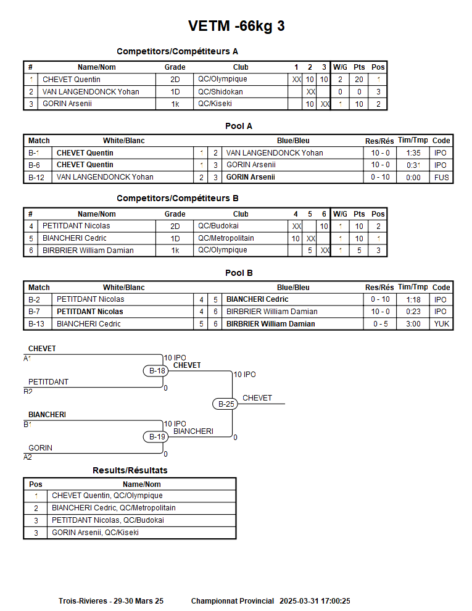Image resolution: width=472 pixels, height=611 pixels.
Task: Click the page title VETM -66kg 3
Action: click(x=236, y=27)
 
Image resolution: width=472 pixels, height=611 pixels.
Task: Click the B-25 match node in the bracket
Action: click(x=226, y=404)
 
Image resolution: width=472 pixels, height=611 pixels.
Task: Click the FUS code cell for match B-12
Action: click(x=441, y=177)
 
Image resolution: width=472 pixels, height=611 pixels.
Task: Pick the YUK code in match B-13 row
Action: click(x=441, y=324)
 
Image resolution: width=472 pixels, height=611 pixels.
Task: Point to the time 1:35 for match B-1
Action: click(x=413, y=153)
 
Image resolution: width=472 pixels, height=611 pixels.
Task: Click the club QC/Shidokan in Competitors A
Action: click(x=220, y=92)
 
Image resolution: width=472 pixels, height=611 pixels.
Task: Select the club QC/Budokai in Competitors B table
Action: click(x=218, y=226)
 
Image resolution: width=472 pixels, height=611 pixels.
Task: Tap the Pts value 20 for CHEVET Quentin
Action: click(x=359, y=80)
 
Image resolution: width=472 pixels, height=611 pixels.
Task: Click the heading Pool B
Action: click(x=239, y=273)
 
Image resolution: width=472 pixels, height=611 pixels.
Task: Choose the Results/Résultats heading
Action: click(x=130, y=470)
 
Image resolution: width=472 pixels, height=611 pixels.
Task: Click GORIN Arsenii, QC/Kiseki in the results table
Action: click(x=95, y=533)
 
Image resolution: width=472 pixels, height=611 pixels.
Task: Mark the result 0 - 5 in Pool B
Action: click(x=380, y=324)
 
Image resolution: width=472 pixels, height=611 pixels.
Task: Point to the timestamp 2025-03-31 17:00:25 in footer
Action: click(x=315, y=601)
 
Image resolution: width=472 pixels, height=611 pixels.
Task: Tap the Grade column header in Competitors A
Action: click(x=175, y=67)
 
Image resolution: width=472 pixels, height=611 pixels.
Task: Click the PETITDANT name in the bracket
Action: click(x=48, y=382)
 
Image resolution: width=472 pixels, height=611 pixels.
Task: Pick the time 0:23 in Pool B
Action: click(x=413, y=312)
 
